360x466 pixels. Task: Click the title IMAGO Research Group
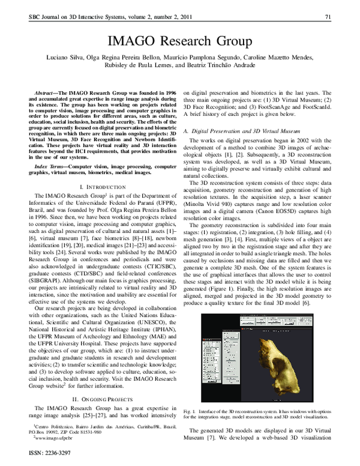[179, 41]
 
